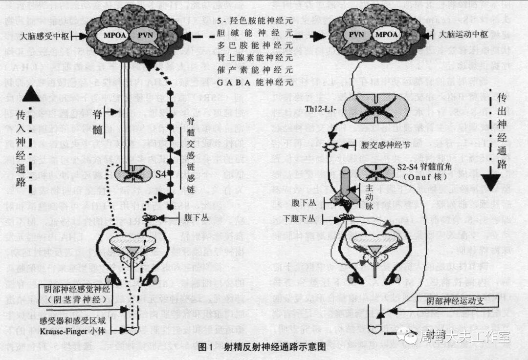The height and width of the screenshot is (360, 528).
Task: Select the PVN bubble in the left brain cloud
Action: pos(145,35)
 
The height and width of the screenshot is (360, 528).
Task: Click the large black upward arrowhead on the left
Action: pos(30,93)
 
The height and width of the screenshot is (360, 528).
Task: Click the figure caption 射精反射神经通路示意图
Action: pos(275,348)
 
